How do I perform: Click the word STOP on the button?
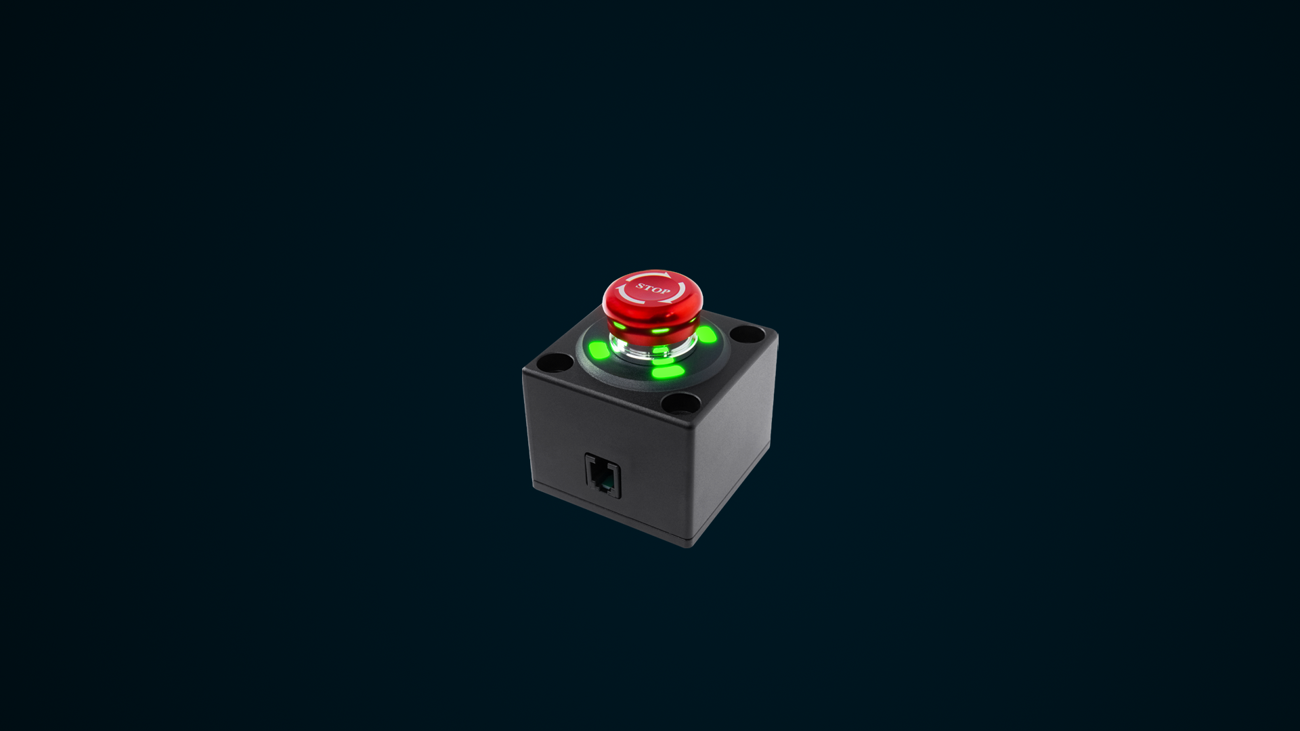click(x=653, y=289)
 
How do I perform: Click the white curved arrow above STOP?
click(x=650, y=276)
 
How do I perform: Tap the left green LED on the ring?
click(x=599, y=351)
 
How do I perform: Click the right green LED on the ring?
click(x=707, y=334)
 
